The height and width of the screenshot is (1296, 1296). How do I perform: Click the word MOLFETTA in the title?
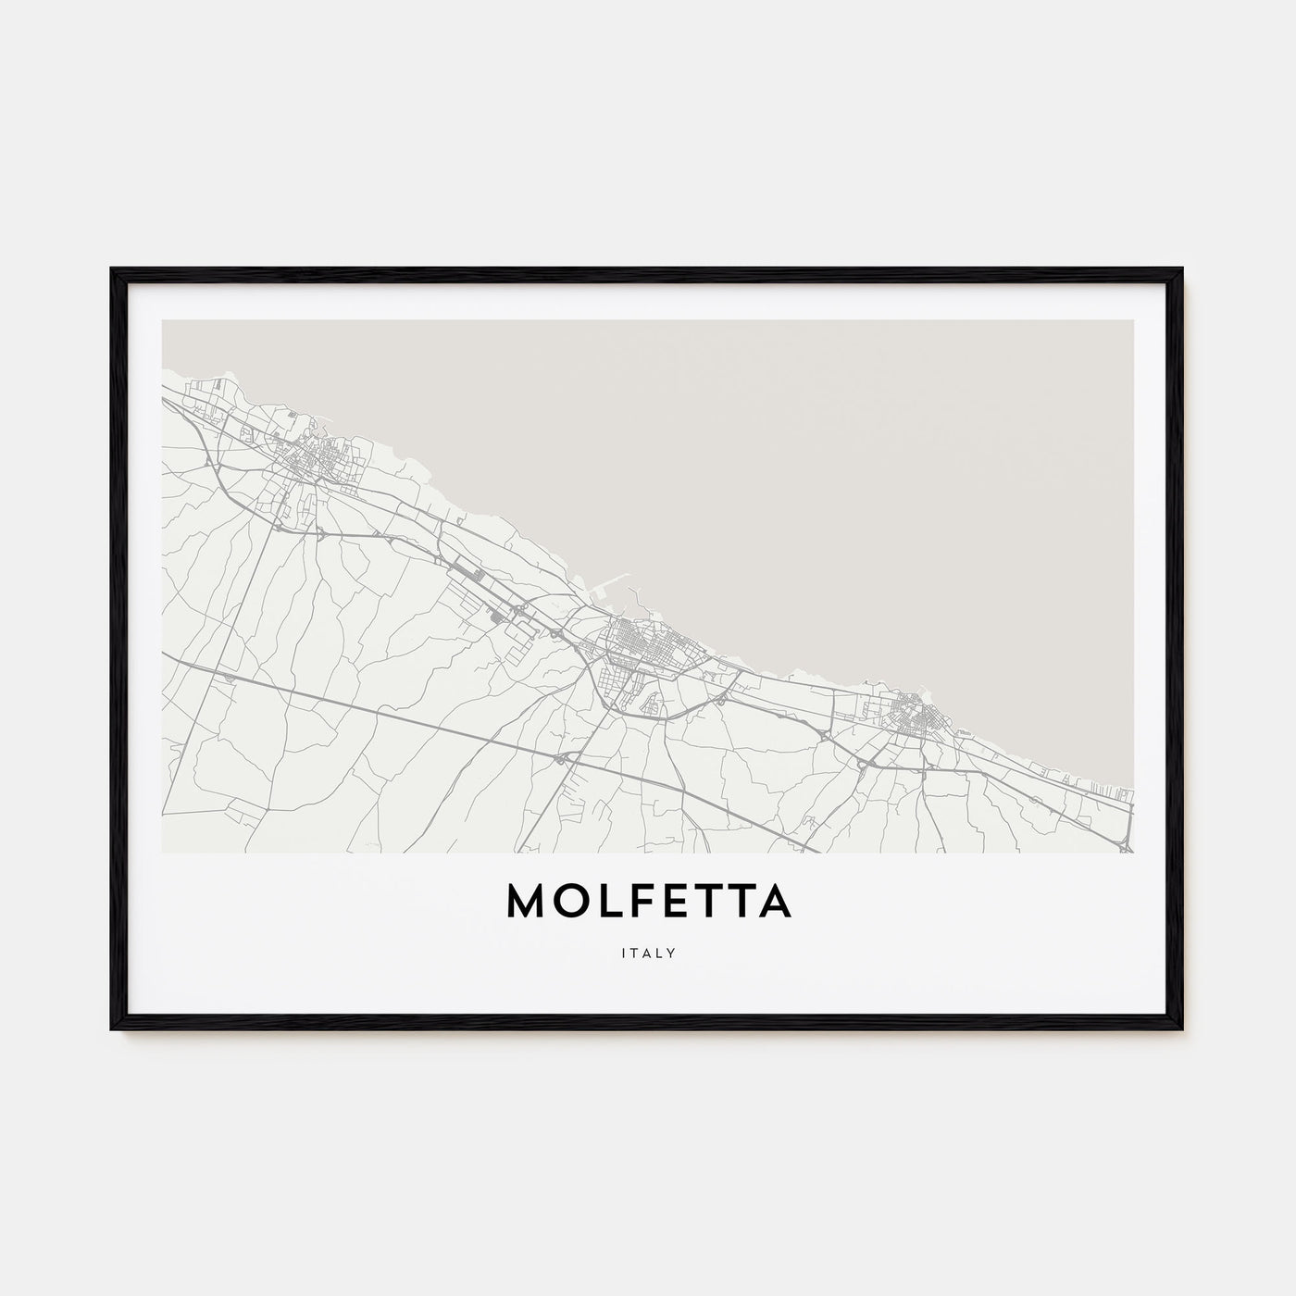(648, 903)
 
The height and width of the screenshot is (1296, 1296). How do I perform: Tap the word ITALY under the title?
(648, 953)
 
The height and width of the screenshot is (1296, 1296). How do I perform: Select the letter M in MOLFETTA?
(527, 903)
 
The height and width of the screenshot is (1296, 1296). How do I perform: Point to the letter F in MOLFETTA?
(629, 903)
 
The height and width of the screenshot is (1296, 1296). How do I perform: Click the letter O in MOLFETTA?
(568, 903)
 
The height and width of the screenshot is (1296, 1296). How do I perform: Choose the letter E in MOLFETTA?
(666, 903)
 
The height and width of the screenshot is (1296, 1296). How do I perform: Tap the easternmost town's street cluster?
(912, 713)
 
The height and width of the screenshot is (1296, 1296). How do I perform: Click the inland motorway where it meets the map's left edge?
(164, 654)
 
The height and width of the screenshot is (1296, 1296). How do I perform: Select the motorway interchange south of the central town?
(562, 758)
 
